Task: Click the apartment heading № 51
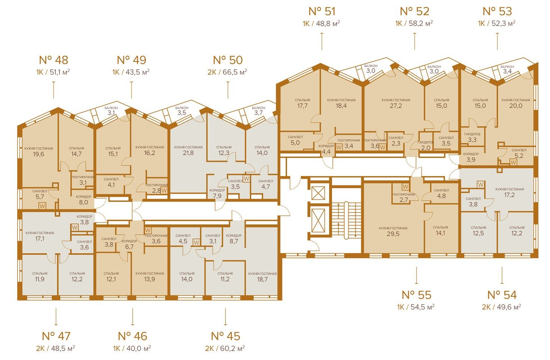coord(322,11)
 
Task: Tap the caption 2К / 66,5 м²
coord(227,72)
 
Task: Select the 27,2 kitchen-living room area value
coord(396,106)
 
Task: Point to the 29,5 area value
coord(393,234)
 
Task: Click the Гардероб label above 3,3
coord(472,134)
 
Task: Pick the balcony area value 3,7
coord(258,113)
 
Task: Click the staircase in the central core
coord(346,220)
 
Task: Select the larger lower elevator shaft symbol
coord(318,221)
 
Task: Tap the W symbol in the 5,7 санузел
coord(42,206)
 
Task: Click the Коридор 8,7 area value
coord(234,241)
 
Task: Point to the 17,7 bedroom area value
coord(302,106)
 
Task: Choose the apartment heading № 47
coord(56,336)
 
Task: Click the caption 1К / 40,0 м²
coord(132,348)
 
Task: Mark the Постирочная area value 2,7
coord(403,200)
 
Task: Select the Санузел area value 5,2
coord(519,155)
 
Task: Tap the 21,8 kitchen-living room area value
coord(188,153)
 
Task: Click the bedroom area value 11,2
coord(225,279)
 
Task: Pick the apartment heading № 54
coord(502,295)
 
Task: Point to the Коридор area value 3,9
coord(471,160)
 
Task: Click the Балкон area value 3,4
coord(507,72)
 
